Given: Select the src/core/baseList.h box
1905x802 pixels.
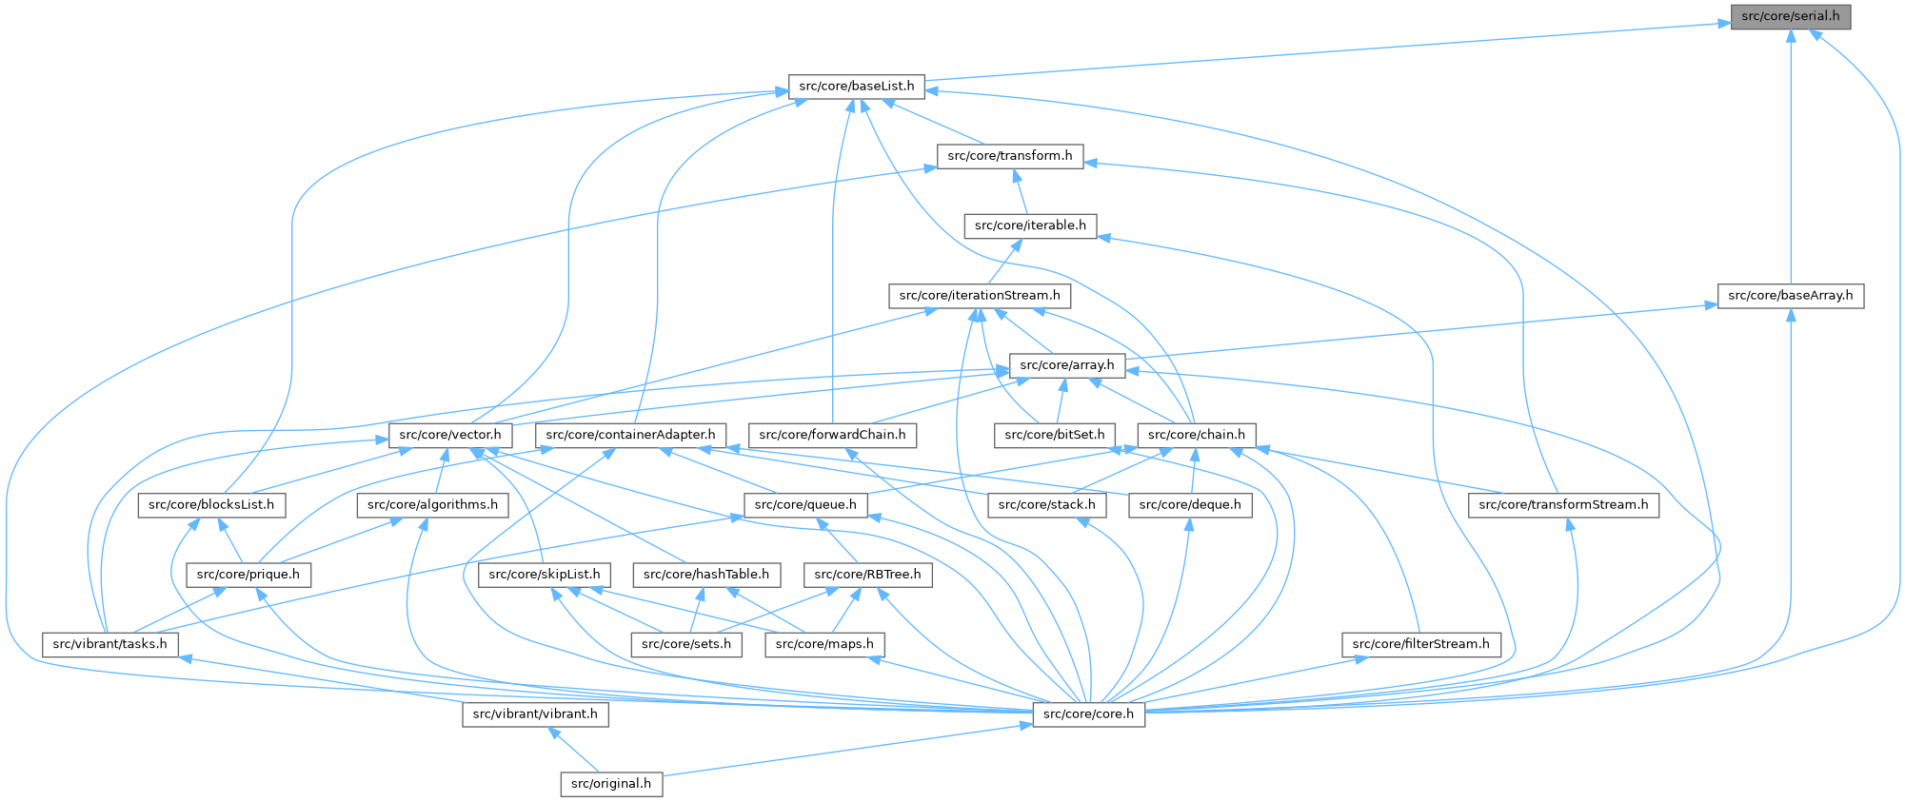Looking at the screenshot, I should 856,87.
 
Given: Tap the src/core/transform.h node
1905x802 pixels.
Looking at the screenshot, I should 1009,156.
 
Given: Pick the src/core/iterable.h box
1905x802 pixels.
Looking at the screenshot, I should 1030,226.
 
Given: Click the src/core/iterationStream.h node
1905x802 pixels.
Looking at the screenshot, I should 980,296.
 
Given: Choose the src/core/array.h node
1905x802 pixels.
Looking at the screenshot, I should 1066,365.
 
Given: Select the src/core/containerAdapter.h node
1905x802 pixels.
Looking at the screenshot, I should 630,436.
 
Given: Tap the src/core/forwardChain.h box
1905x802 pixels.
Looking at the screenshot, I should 833,436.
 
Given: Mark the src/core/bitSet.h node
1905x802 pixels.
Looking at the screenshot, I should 1055,436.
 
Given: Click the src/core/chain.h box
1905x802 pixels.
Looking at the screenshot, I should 1197,436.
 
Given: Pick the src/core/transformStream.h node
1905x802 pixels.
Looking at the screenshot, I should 1563,505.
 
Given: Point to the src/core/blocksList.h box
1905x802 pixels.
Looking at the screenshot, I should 211,505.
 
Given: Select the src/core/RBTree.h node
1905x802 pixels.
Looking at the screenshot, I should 868,575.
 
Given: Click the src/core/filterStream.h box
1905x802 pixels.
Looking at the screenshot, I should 1420,645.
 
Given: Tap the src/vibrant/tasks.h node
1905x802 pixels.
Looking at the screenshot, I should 109,645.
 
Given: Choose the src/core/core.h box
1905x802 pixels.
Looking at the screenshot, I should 1088,714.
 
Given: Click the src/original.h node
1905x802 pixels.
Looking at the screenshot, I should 610,784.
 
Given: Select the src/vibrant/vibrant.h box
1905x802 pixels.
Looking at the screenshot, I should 535,714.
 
